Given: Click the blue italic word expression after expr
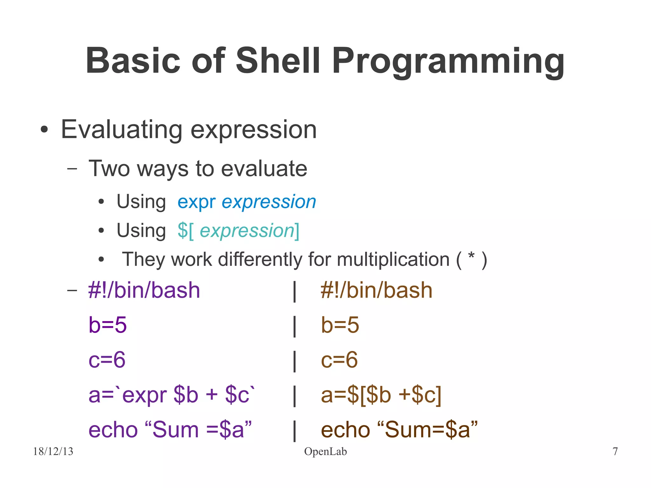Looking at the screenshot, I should coord(269,202).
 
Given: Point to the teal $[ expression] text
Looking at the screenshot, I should coord(238,230).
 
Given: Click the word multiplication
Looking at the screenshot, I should coord(393,259).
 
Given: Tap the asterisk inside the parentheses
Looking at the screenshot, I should coord(471,256).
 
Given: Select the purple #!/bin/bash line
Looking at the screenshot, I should coord(144,290).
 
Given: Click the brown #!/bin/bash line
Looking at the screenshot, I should coord(376,290).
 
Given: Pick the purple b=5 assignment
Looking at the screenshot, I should coord(107,325).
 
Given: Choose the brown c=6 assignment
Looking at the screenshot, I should coord(339,360).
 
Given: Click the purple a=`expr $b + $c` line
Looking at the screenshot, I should coord(172,395).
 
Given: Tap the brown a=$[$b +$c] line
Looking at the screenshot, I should coord(381,395).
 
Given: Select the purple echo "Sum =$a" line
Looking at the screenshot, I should coord(170,430).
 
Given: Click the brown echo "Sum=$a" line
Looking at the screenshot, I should coord(399,430).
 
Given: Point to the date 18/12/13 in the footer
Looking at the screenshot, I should coord(53,451).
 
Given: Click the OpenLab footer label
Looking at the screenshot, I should coord(325,451).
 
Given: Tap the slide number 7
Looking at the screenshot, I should coord(615,451).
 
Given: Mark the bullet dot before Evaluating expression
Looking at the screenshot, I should coord(44,130).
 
